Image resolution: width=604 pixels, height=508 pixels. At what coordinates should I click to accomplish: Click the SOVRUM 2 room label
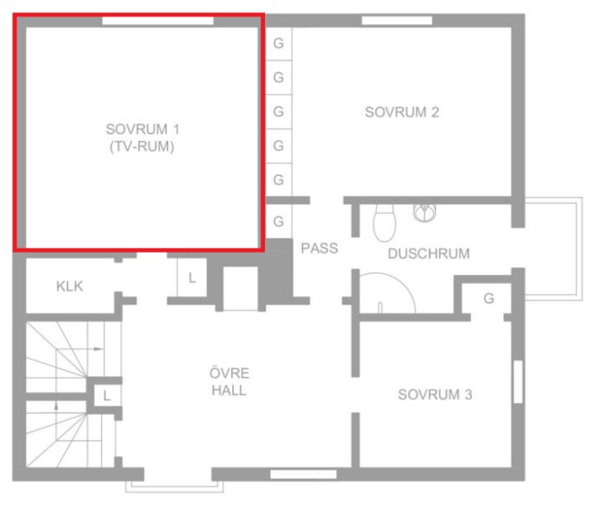point(402,112)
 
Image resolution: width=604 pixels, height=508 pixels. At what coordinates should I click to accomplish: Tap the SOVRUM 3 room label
point(435,394)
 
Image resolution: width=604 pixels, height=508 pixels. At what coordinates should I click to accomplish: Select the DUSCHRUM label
point(429,254)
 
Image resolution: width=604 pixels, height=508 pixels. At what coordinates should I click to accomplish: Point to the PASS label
point(319,248)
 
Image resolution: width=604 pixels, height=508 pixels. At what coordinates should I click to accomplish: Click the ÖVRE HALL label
point(230,382)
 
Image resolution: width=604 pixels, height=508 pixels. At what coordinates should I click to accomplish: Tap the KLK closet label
point(69,286)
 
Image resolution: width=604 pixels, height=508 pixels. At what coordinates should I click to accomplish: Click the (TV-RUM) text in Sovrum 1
point(142,147)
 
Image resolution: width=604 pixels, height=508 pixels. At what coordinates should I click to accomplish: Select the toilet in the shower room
point(385,223)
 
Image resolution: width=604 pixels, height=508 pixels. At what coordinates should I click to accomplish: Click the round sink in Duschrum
point(425,213)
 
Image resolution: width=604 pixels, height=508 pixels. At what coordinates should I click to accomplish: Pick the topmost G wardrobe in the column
point(279,43)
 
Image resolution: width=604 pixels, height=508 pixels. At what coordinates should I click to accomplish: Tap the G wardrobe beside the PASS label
point(279,221)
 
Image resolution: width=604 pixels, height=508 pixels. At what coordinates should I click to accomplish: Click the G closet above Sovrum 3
point(489,298)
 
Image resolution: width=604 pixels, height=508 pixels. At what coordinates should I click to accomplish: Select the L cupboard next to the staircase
point(107,396)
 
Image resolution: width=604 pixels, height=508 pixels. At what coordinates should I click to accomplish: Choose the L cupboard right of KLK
point(192,278)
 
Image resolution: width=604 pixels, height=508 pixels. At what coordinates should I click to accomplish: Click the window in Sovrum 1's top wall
point(158,21)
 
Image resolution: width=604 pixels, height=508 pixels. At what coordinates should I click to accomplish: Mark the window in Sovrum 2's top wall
point(397,21)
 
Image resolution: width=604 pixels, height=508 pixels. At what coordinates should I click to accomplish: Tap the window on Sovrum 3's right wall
point(518,382)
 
